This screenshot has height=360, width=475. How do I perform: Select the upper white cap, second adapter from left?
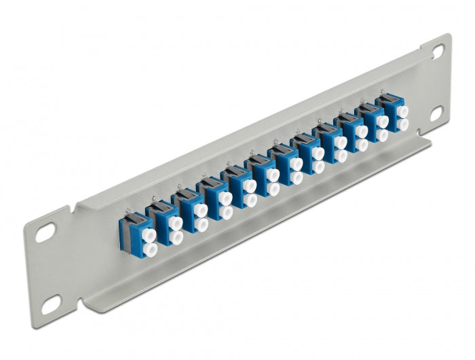(x=175, y=221)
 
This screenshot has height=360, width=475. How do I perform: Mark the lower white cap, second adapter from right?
(x=382, y=134)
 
